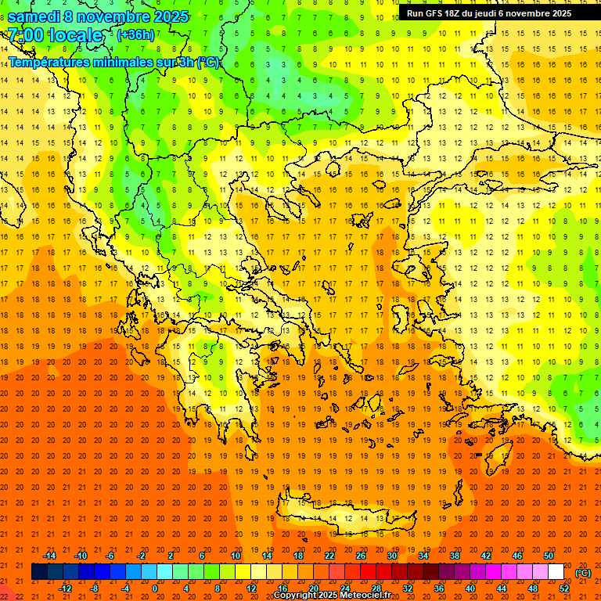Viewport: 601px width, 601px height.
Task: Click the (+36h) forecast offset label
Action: coord(135,34)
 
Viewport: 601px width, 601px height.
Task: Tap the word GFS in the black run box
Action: coord(435,13)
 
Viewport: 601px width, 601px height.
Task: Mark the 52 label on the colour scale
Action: coord(564,588)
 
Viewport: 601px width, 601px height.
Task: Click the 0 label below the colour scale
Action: coord(154,588)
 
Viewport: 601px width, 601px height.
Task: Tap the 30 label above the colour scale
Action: coord(391,556)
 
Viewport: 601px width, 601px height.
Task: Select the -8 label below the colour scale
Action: coord(95,588)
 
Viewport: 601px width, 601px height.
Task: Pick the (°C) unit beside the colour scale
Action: coord(582,573)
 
